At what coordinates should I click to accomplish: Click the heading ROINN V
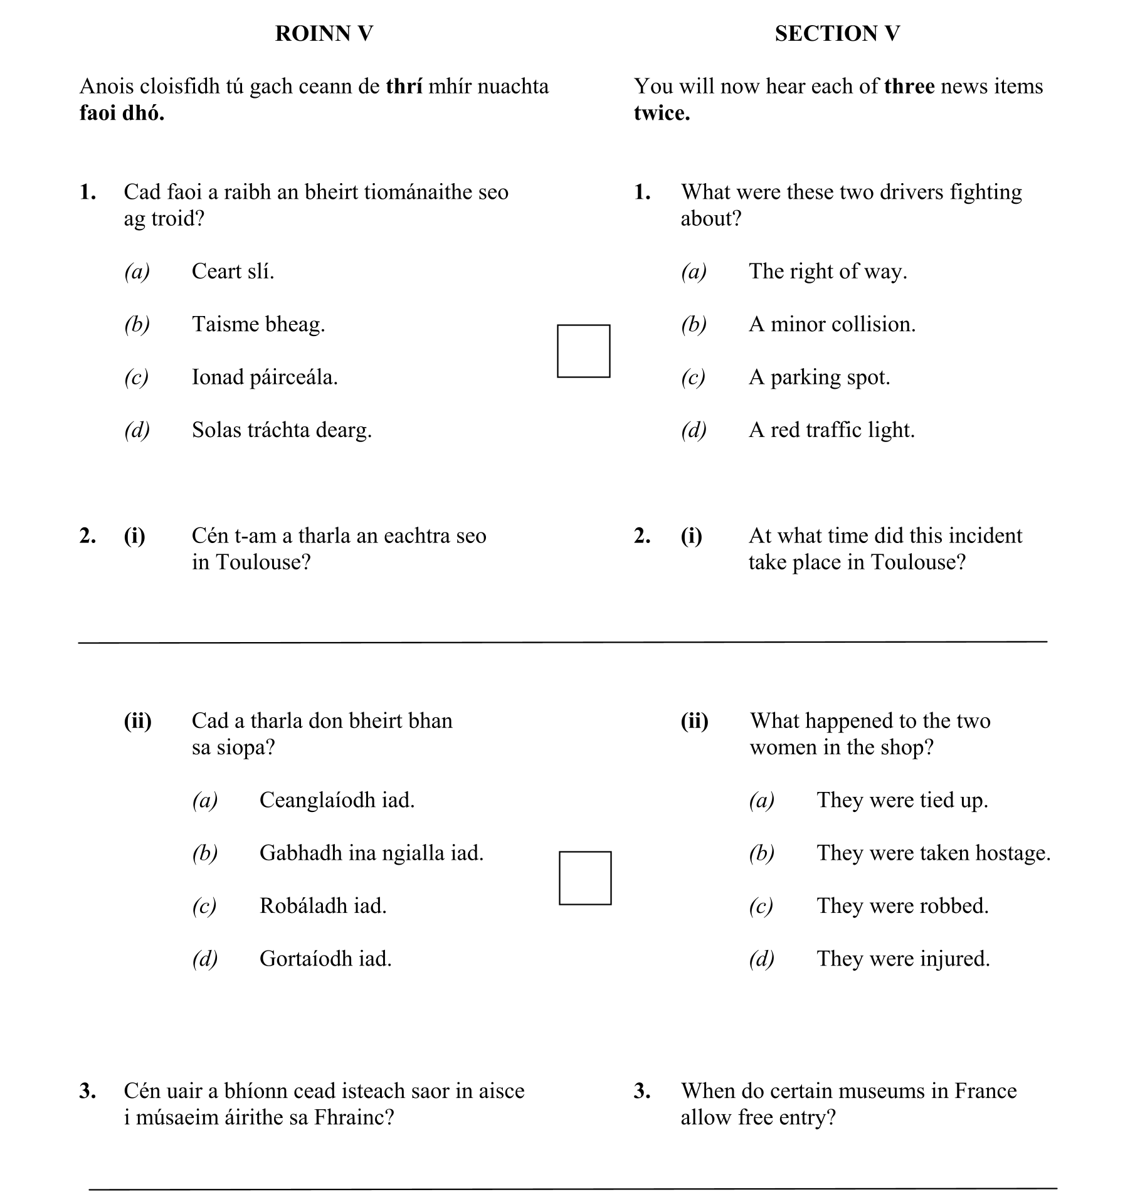324,34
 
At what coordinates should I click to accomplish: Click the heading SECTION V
837,34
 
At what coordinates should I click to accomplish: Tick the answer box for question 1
583,351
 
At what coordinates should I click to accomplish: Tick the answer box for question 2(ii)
585,878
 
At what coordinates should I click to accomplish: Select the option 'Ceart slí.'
233,272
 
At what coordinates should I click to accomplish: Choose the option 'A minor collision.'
831,324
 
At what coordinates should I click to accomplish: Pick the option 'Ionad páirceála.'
264,377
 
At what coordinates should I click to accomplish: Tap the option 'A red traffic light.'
831,430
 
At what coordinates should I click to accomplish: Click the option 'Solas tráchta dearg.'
282,430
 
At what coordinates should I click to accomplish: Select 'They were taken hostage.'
933,853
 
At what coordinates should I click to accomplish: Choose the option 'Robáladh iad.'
323,906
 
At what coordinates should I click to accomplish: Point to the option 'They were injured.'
903,959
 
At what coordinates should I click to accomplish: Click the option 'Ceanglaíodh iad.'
337,801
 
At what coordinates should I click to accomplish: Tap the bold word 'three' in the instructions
909,87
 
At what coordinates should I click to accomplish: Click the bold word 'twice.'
662,113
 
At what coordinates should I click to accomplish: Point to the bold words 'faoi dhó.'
122,113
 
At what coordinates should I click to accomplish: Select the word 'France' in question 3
985,1091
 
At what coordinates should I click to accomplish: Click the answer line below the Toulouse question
562,641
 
